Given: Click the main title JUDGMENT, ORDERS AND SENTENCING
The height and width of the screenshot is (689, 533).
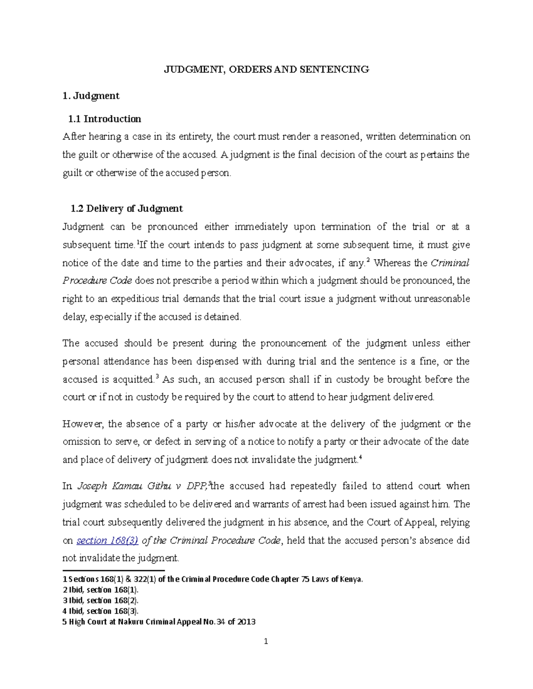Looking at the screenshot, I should pyautogui.click(x=266, y=69).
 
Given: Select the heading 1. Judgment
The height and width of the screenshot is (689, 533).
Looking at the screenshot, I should pyautogui.click(x=91, y=96).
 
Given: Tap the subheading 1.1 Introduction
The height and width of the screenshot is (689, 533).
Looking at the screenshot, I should pyautogui.click(x=104, y=119).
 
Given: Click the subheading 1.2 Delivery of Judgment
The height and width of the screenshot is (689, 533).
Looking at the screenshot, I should pyautogui.click(x=127, y=209).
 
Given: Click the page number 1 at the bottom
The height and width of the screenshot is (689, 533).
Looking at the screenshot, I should pyautogui.click(x=266, y=642).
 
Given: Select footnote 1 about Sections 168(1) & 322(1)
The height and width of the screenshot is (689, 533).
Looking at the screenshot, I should pyautogui.click(x=213, y=579).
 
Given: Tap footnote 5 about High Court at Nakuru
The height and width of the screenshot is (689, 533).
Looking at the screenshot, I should pyautogui.click(x=159, y=622).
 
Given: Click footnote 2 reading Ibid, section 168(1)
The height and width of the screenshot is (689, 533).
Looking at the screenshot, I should pyautogui.click(x=101, y=590).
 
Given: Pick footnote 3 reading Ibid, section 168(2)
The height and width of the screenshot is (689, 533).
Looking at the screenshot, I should pyautogui.click(x=101, y=601).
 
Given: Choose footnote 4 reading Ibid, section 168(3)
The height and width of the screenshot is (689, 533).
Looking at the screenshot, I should pyautogui.click(x=101, y=611).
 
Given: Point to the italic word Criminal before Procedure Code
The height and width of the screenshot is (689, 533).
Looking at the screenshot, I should pyautogui.click(x=450, y=263).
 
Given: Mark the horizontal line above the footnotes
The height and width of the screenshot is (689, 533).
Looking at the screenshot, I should pyautogui.click(x=114, y=571).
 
